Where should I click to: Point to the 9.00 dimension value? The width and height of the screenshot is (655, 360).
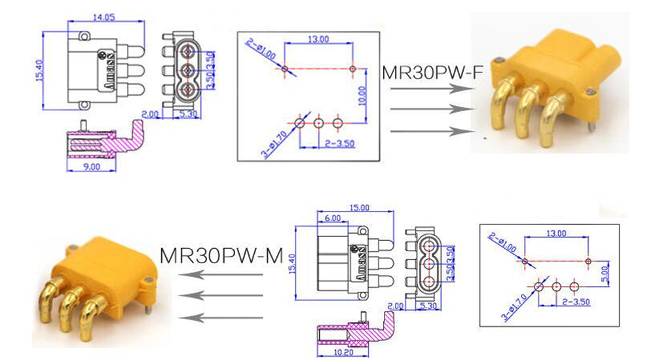pos(92,167)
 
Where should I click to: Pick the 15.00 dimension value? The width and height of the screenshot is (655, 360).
pos(360,207)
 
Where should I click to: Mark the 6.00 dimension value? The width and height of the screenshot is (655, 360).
pos(332,218)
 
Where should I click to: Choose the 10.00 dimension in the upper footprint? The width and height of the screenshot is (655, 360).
pos(362,96)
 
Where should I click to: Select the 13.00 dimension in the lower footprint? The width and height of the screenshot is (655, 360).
pos(556,232)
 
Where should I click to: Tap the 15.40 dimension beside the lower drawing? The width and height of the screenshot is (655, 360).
pos(291,259)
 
